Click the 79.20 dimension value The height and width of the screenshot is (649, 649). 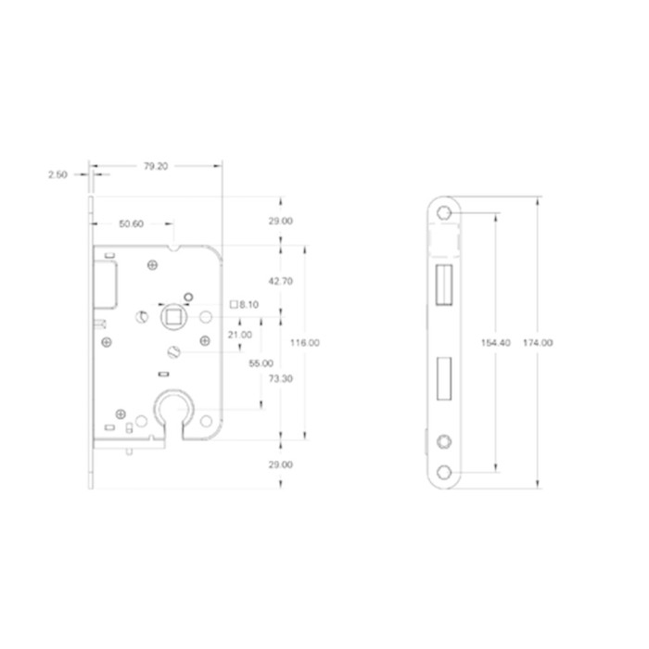click(156, 166)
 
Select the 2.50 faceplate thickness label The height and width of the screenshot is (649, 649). click(57, 174)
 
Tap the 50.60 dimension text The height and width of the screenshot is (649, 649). click(132, 224)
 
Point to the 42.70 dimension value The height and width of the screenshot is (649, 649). click(281, 282)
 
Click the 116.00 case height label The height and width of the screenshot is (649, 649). click(305, 343)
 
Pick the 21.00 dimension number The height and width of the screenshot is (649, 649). click(239, 335)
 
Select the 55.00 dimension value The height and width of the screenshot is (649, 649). click(261, 363)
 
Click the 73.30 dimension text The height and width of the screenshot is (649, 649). click(281, 378)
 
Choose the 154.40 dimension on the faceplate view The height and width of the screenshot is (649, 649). click(495, 343)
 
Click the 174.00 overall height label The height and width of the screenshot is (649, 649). click(538, 343)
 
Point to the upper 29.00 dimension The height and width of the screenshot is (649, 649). click(281, 221)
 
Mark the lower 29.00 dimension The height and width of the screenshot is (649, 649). click(281, 464)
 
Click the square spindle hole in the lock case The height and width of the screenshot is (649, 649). click(174, 317)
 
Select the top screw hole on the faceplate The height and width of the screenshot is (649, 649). click(444, 213)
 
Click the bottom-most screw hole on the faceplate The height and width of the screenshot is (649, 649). click(444, 472)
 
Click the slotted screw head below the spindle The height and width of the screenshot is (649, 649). click(174, 352)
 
